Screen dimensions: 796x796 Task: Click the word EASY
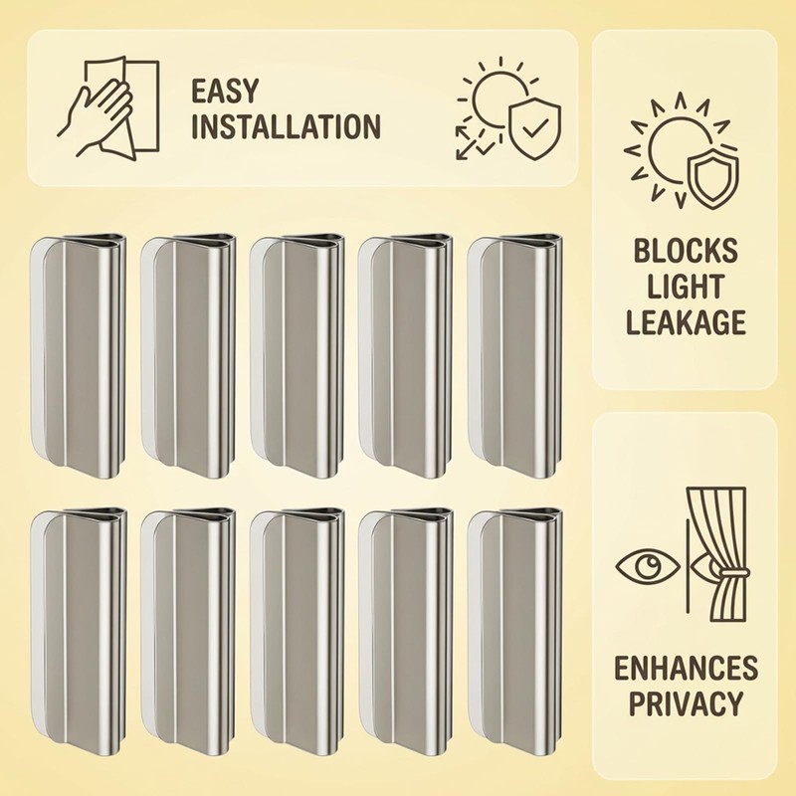point(225,91)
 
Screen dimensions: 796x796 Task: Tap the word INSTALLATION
point(286,126)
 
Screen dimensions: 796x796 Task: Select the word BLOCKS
point(686,251)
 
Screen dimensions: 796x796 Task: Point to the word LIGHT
point(686,287)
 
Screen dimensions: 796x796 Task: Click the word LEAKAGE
point(686,322)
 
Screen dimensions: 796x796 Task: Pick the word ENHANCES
point(686,668)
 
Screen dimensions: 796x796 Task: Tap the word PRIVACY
point(686,703)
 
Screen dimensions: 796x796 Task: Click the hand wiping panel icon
point(107,106)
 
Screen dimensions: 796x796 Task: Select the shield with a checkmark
point(534,129)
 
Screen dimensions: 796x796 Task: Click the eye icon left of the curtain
point(648,566)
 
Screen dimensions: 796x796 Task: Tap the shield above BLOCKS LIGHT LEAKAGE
point(712,179)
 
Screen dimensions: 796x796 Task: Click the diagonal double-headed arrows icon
point(476,142)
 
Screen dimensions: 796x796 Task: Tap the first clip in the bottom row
point(79,630)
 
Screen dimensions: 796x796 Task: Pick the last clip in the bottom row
point(514,630)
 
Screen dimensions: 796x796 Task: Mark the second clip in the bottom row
point(188,630)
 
